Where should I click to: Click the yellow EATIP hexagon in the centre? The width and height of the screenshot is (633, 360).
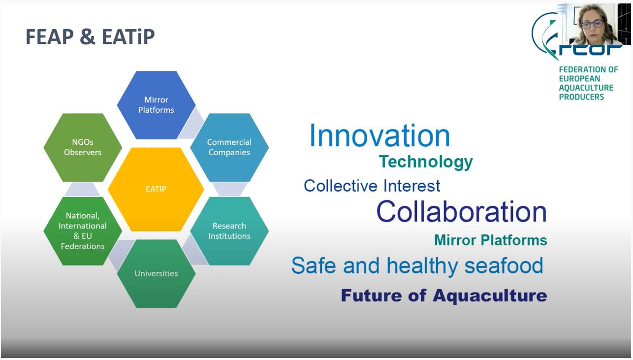156,189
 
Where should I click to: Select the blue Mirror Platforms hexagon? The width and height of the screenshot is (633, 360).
156,105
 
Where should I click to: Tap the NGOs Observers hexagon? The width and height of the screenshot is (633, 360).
83,147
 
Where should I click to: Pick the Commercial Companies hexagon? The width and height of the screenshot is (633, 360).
229,147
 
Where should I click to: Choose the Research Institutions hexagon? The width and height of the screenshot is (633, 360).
229,231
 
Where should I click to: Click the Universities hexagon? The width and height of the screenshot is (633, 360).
156,273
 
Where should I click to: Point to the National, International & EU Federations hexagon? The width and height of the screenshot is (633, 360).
83,231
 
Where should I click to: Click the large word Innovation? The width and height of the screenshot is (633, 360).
380,136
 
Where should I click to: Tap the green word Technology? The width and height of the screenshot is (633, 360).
426,162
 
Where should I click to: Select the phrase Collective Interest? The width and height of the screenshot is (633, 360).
372,186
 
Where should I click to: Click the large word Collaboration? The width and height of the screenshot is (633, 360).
462,212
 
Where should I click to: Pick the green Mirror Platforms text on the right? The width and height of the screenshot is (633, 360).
491,240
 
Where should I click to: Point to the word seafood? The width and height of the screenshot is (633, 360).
504,265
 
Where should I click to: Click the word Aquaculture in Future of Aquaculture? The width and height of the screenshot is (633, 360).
490,295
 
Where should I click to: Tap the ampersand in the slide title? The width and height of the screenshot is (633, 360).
88,37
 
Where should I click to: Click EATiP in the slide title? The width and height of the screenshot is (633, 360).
128,37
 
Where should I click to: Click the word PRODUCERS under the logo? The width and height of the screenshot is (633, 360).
581,97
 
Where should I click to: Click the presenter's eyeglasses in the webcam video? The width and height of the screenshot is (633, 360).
593,24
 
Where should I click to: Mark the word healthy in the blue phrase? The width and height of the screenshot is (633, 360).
422,266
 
